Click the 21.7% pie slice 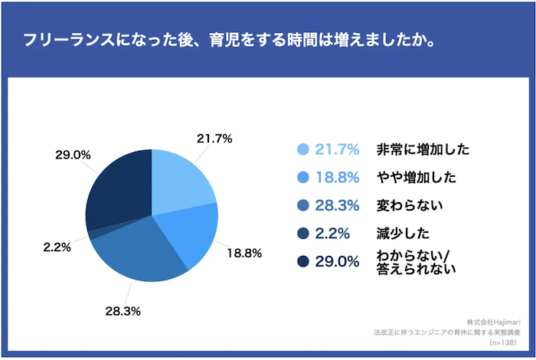coord(180,180)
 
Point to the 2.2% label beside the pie coord(57,247)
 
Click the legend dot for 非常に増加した coord(302,149)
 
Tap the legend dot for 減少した coord(302,234)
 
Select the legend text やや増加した coord(416,178)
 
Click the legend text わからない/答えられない coord(416,262)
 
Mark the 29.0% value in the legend coord(338,262)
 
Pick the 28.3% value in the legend coord(338,205)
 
